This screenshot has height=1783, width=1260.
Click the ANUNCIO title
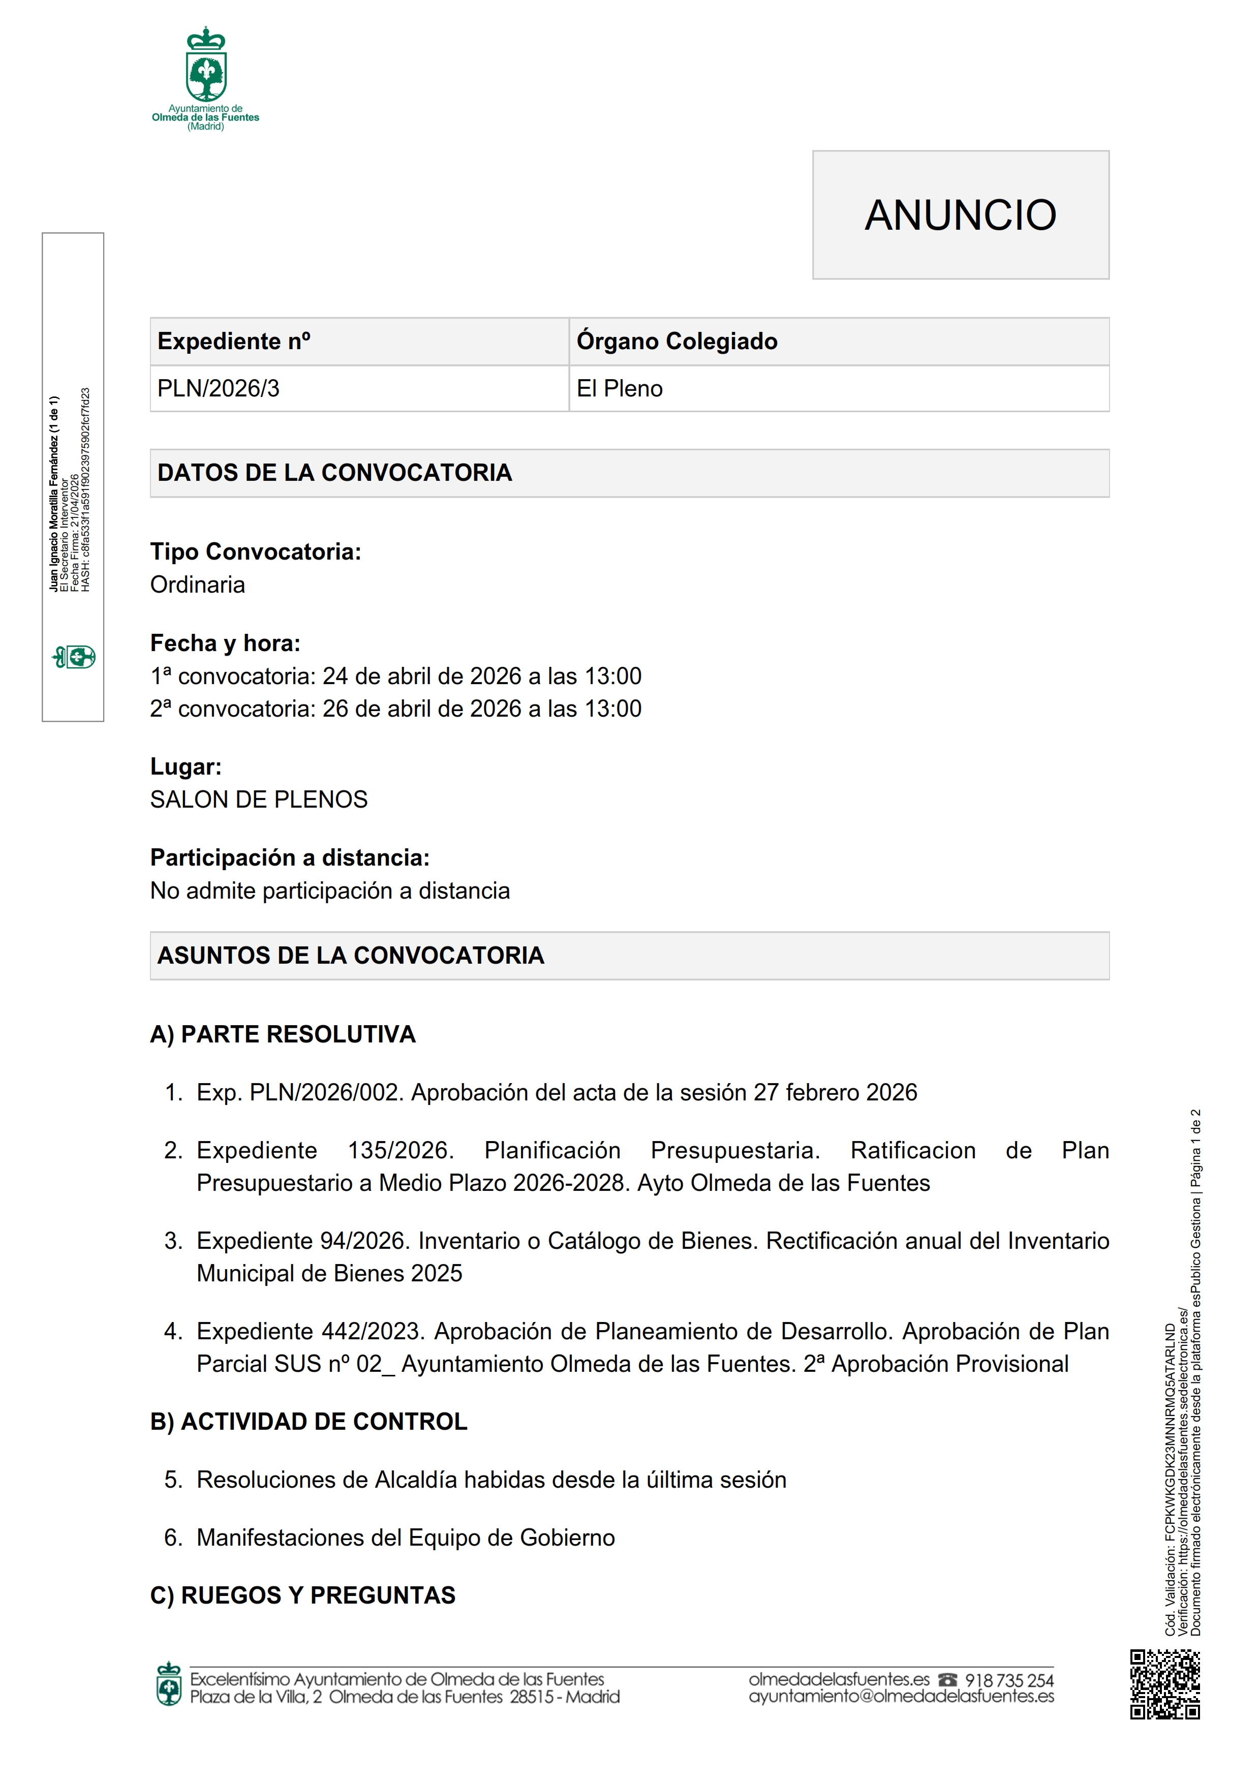[960, 215]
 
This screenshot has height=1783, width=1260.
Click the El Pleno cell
[620, 388]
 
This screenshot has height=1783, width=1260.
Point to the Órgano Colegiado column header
[677, 341]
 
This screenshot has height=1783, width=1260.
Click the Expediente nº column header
[234, 341]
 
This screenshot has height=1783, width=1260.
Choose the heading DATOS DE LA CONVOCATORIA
[334, 472]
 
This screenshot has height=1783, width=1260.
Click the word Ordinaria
[197, 585]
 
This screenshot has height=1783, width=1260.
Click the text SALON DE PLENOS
[259, 799]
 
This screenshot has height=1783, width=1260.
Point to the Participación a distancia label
[290, 857]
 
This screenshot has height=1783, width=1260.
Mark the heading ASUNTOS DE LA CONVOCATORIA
[351, 955]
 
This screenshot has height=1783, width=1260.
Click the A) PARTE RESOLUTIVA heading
[283, 1034]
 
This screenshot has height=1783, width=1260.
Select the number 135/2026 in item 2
[401, 1150]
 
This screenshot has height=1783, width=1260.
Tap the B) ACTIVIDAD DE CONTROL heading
[308, 1421]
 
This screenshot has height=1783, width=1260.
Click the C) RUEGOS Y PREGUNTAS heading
[303, 1595]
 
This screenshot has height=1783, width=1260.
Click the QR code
[1164, 1684]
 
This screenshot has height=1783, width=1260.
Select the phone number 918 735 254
[1009, 1680]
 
